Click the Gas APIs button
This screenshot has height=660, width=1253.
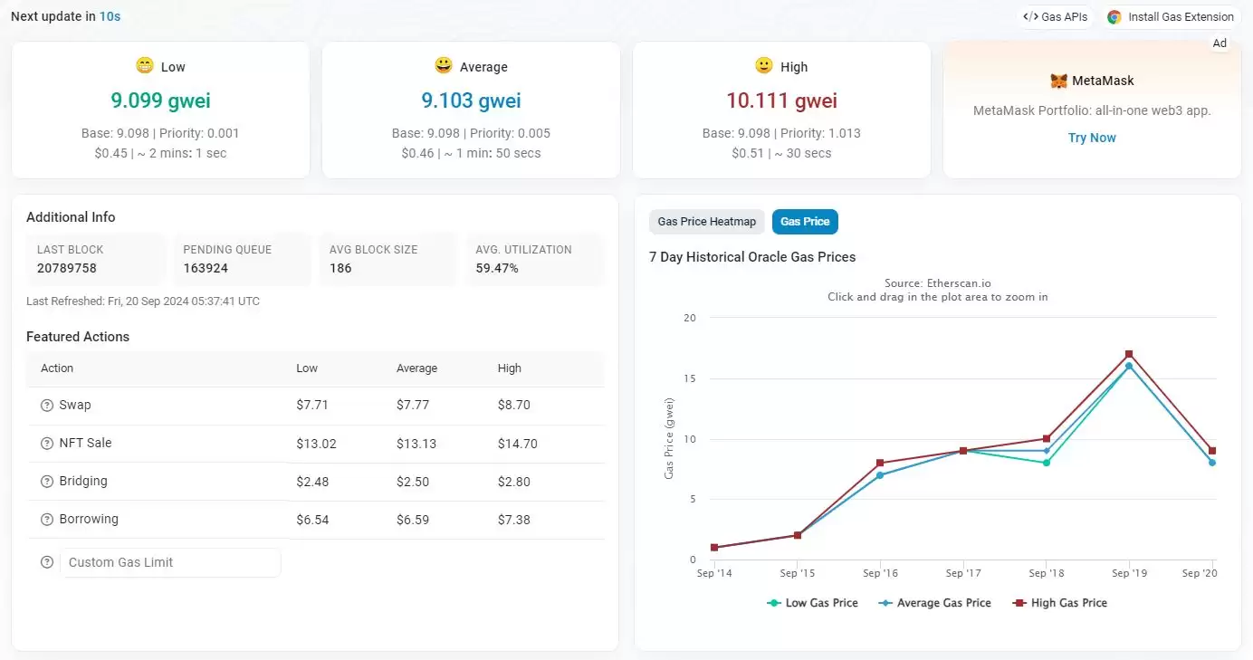pyautogui.click(x=1055, y=17)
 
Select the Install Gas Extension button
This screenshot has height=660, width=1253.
pyautogui.click(x=1171, y=17)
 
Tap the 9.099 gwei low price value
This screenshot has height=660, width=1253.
pyautogui.click(x=160, y=100)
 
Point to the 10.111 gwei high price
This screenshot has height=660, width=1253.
pyautogui.click(x=781, y=100)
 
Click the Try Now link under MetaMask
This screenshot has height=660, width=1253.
pyautogui.click(x=1092, y=138)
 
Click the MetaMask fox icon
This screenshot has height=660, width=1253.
pyautogui.click(x=1058, y=81)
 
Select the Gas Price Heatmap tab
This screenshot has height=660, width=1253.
pyautogui.click(x=706, y=222)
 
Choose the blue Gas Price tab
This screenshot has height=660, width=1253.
pyautogui.click(x=805, y=222)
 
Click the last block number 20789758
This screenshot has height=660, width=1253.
pyautogui.click(x=67, y=268)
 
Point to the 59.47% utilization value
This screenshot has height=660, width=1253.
pyautogui.click(x=497, y=268)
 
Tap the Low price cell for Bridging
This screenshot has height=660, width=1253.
pyautogui.click(x=312, y=482)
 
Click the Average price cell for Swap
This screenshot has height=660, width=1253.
pyautogui.click(x=413, y=406)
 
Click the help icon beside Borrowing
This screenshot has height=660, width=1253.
pyautogui.click(x=47, y=520)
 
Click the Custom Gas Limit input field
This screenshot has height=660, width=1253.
pyautogui.click(x=170, y=562)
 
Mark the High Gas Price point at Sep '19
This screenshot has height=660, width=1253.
pyautogui.click(x=1129, y=354)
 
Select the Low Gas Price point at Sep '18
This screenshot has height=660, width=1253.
pyautogui.click(x=1046, y=463)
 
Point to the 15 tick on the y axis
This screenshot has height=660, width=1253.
pyautogui.click(x=690, y=378)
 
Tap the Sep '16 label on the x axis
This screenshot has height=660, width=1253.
pyautogui.click(x=880, y=573)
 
